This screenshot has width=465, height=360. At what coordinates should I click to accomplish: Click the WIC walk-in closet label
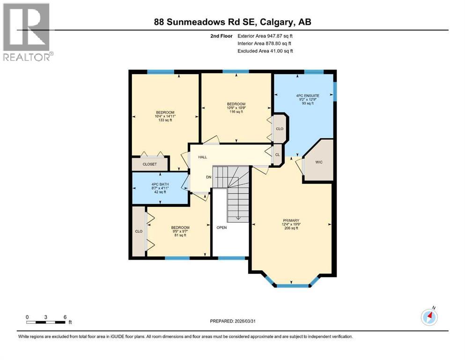[x=319, y=162]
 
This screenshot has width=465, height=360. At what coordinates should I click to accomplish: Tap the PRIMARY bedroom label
[x=291, y=220]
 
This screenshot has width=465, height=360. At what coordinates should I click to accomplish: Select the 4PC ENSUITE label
[x=304, y=96]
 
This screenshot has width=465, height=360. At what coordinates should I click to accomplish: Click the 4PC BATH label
[x=160, y=184]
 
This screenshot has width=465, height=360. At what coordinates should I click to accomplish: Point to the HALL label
[x=202, y=157]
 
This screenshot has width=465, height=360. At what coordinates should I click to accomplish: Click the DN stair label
[x=209, y=177]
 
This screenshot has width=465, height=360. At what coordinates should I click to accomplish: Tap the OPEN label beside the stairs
[x=221, y=228]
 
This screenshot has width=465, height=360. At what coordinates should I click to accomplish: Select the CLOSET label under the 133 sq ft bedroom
[x=150, y=165]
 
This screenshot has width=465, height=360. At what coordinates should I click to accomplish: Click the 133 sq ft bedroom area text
[x=165, y=120]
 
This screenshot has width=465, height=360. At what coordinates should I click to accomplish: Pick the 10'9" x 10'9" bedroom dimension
[x=236, y=108]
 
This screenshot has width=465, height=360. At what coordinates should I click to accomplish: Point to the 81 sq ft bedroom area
[x=180, y=235]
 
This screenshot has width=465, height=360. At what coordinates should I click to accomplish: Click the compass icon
[x=429, y=317]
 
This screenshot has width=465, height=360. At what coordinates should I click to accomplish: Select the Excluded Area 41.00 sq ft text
[x=265, y=51]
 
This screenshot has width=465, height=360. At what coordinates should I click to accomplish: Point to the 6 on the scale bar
[x=64, y=317]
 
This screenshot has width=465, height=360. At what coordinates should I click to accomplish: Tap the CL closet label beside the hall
[x=277, y=155]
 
